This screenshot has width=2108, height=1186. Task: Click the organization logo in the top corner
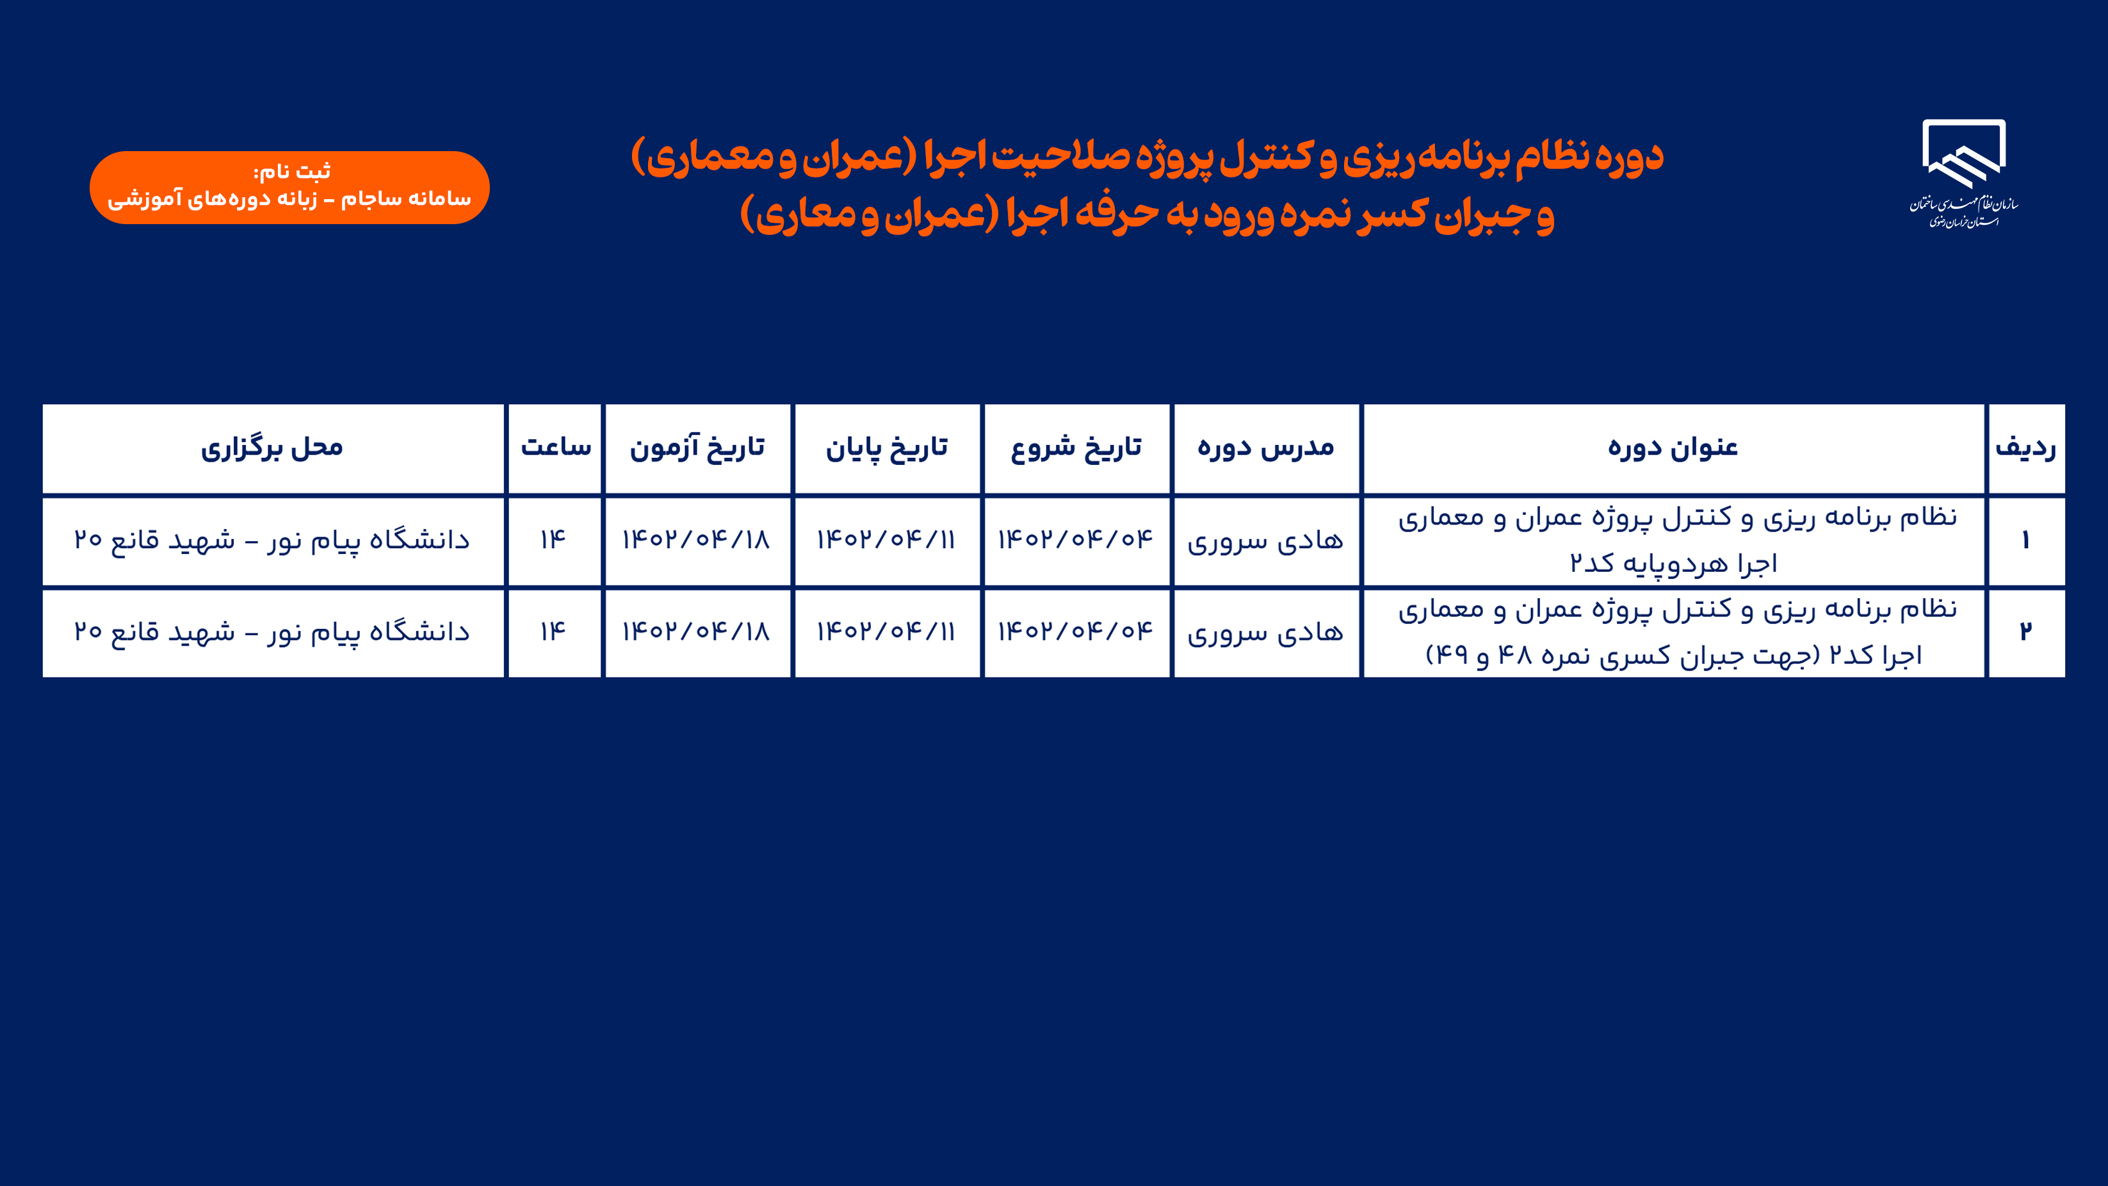pos(1963,174)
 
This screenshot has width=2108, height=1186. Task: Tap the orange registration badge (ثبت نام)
pos(289,188)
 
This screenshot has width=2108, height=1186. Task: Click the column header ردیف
pos(2026,448)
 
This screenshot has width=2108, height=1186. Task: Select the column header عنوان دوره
pos(1673,448)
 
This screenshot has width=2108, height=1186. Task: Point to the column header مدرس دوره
pos(1266,448)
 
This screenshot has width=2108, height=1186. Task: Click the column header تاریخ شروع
pos(1076,448)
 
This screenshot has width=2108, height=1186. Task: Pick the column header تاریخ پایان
pos(887,448)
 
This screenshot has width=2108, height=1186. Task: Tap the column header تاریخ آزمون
pos(697,448)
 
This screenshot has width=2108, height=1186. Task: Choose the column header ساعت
pos(555,448)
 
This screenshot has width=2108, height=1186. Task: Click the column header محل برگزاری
pos(273,448)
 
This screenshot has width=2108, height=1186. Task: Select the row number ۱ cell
pos(2026,541)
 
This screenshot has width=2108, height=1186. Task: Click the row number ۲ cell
pos(2026,633)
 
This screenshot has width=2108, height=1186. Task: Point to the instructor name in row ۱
pos(1266,541)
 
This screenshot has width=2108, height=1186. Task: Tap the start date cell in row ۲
pos(1076,633)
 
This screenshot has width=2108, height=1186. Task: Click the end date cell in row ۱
pos(887,541)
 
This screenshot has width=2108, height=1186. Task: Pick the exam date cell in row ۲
pos(697,633)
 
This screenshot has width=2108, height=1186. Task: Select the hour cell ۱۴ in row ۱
pos(555,541)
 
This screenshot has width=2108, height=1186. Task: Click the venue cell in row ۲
pos(273,633)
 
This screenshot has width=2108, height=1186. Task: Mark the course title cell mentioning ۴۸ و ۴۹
pos(1673,633)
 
